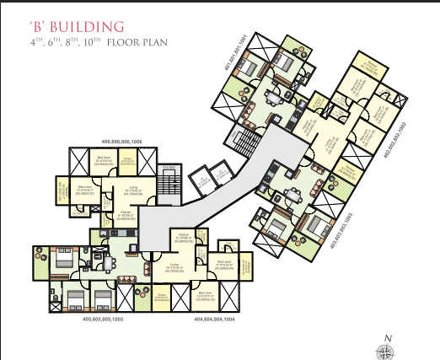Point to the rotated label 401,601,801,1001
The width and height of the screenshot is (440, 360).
[x=244, y=51]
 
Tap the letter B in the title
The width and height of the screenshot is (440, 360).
[x=35, y=27]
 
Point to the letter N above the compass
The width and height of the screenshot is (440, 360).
[x=387, y=338]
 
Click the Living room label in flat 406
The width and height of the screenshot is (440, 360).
[x=132, y=191]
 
